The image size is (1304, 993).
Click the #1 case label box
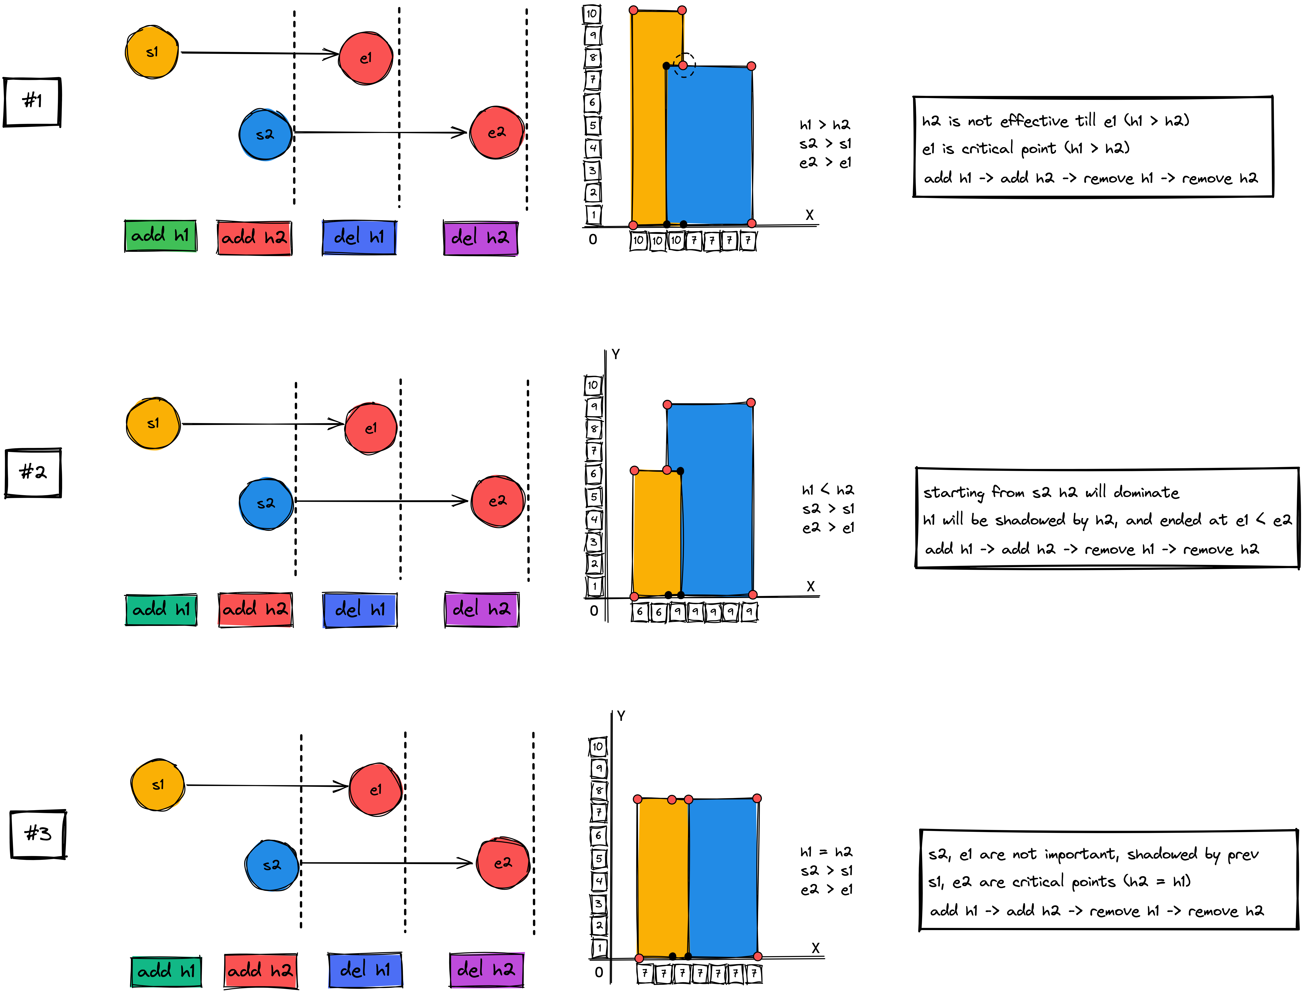pos(32,102)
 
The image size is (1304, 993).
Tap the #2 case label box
pos(33,473)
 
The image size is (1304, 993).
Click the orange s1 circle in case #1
pos(152,52)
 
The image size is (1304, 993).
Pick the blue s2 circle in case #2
pos(266,504)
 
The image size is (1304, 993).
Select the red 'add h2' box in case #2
pos(255,609)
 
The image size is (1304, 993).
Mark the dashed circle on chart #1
pos(684,66)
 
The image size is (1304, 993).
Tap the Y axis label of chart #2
pos(616,354)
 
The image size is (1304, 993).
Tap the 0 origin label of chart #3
pos(599,972)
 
